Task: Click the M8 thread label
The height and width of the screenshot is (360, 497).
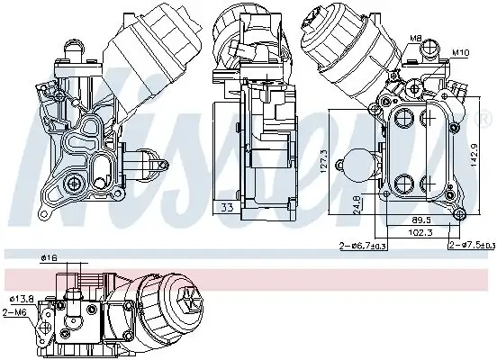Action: coord(417,38)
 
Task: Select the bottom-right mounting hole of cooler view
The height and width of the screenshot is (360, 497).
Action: coord(458,213)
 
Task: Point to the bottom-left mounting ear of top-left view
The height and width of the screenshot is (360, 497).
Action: coord(44,212)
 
